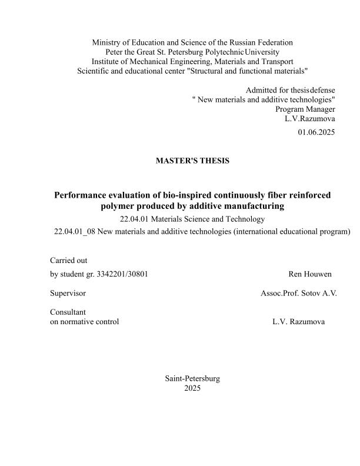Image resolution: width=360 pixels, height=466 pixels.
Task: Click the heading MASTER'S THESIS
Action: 192,161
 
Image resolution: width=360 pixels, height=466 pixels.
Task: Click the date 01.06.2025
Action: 316,132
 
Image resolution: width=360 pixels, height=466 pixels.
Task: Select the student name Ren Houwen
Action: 310,274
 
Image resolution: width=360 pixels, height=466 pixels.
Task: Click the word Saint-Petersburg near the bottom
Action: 192,379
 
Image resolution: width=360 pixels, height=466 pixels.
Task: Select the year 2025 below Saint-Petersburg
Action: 192,388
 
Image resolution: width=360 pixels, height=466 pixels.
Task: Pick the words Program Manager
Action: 305,109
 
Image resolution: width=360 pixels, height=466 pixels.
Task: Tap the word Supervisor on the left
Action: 68,293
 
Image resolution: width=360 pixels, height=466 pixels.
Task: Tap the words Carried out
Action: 69,260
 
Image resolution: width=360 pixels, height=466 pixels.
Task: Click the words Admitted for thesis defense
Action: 290,90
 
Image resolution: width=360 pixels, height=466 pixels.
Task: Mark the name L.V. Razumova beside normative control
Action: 298,322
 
